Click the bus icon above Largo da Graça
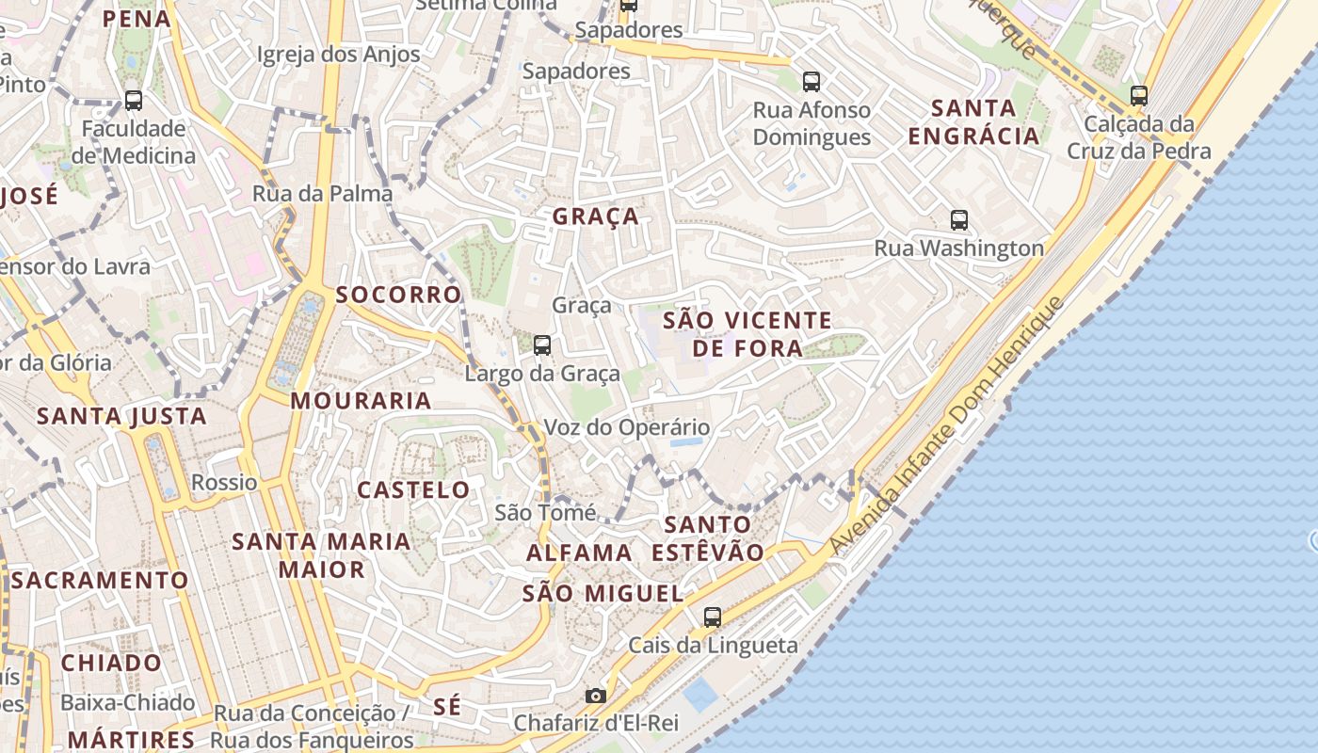coord(542,345)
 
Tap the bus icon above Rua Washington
coord(959,220)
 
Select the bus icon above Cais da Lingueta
coord(713,617)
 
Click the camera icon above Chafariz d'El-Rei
coord(596,697)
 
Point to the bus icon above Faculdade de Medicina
coord(134,101)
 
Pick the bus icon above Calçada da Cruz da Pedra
coord(1139,95)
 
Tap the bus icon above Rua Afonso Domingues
coord(812,82)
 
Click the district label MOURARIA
coord(361,401)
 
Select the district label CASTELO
coord(413,489)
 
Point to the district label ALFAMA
coord(579,553)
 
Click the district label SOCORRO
coord(398,295)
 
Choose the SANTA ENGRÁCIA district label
coord(973,121)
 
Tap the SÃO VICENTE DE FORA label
coord(747,334)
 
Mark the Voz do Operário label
coord(627,427)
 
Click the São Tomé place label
coord(545,513)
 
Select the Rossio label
coord(224,483)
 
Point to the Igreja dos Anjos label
coord(339,55)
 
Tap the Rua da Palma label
coord(322,194)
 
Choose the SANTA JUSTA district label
coord(121,416)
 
